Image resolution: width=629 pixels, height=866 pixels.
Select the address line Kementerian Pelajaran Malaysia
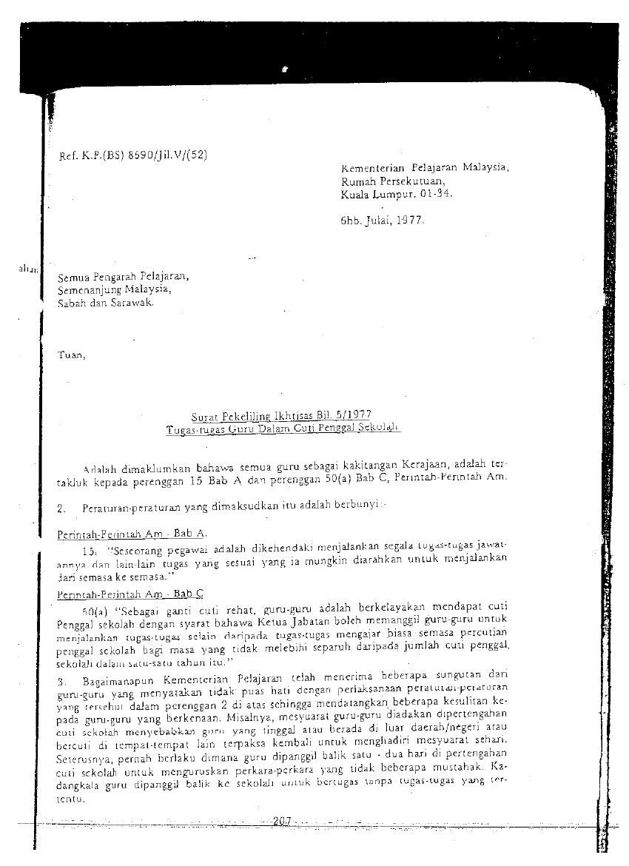point(425,167)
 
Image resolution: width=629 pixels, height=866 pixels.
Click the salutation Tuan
point(72,355)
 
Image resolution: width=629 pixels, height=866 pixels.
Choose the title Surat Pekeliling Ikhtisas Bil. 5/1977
point(280,417)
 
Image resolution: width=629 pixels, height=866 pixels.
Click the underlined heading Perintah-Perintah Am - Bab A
point(132,533)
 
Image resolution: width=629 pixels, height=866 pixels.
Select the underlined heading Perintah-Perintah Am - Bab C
point(130,594)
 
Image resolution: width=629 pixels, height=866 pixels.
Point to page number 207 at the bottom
point(282,820)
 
